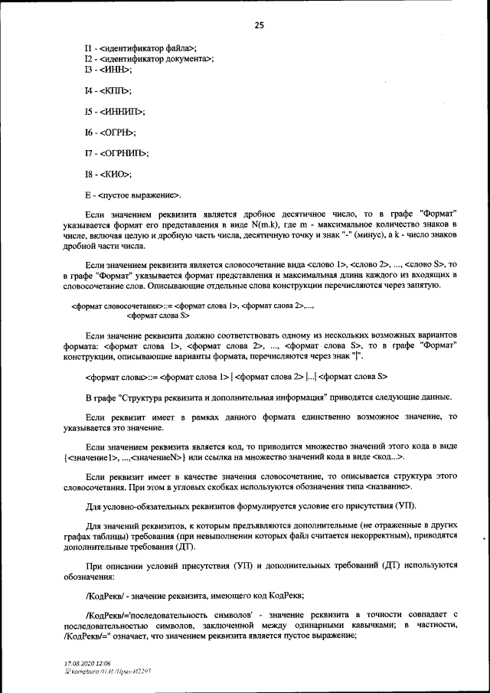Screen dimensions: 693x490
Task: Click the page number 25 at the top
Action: coord(259,25)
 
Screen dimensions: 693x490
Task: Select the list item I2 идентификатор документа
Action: coord(149,59)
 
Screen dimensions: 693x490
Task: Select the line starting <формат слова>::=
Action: coord(237,376)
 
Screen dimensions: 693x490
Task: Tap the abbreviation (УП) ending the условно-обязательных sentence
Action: coord(406,508)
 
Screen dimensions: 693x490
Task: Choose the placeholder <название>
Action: coord(393,487)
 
